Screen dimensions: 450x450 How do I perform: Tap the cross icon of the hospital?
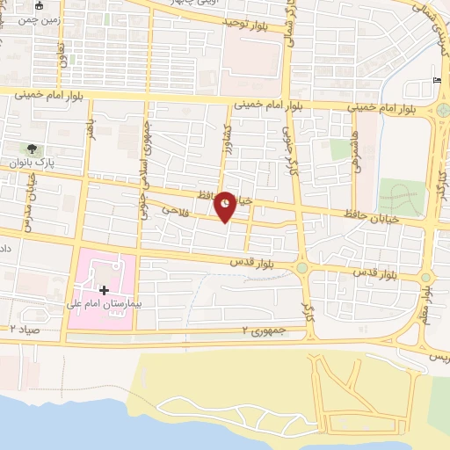click(x=104, y=289)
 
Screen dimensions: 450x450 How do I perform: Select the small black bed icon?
click(x=438, y=81)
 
